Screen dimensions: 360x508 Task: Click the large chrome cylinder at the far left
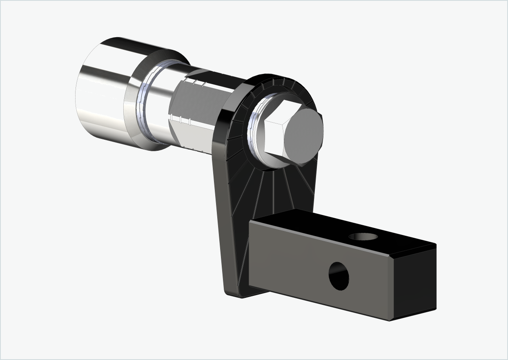pyautogui.click(x=102, y=94)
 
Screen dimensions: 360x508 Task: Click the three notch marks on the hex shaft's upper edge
pyautogui.click(x=198, y=82)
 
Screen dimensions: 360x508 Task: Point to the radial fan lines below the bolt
pyautogui.click(x=270, y=188)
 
